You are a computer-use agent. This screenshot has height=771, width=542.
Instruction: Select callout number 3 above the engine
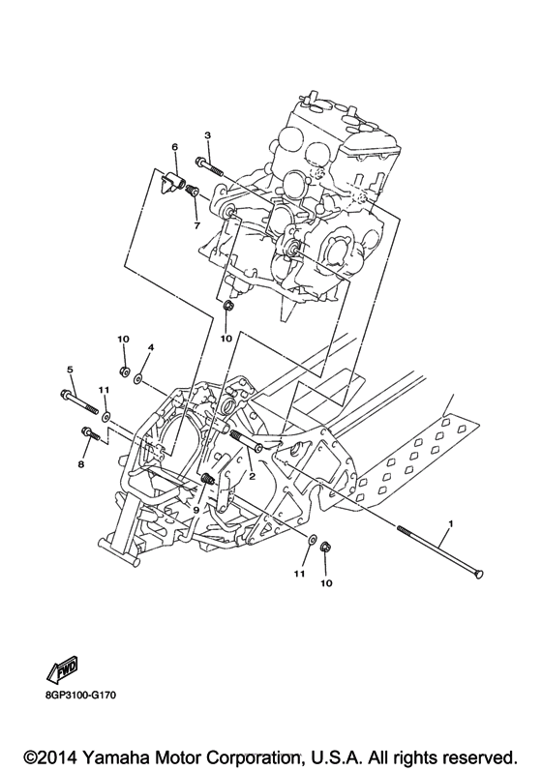coord(207,135)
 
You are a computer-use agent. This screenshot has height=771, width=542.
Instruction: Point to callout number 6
coord(175,147)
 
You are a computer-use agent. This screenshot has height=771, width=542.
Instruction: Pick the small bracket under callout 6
coord(175,180)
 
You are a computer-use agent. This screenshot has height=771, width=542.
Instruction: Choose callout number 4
coord(151,345)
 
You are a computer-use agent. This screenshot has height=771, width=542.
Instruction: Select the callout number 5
coord(70,370)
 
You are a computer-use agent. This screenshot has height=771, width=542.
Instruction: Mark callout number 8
coord(81,464)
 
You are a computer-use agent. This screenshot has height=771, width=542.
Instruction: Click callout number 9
coord(196,510)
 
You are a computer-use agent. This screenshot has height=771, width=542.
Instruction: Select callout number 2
coord(251,476)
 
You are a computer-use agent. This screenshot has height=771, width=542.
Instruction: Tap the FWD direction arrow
coord(62,668)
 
